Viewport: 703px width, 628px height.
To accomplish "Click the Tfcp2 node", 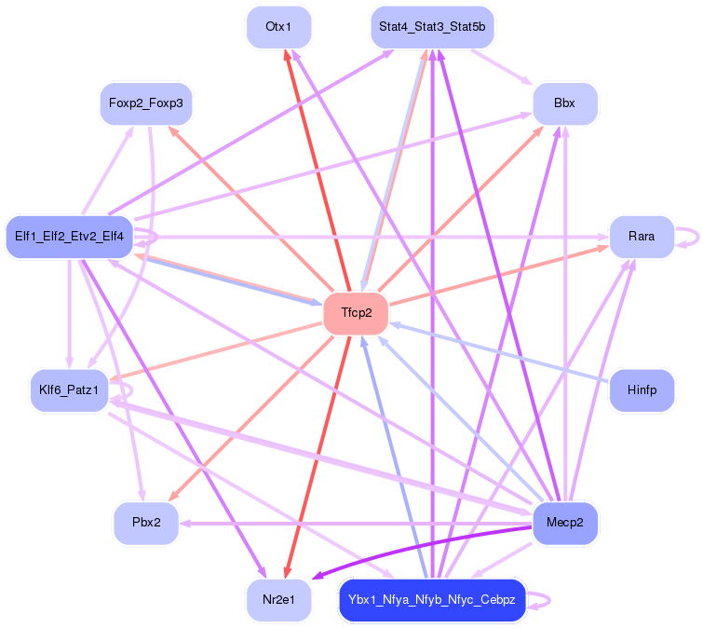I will coord(355,313).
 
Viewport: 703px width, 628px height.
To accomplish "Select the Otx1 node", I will coord(278,27).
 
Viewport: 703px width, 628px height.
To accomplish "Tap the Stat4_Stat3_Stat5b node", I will coord(432,27).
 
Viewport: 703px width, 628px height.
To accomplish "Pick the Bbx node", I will coord(564,103).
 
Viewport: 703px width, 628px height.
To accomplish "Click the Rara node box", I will coord(641,237).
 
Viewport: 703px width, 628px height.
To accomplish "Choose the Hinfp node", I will coord(641,390).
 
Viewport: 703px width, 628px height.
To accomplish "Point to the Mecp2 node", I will coord(564,523).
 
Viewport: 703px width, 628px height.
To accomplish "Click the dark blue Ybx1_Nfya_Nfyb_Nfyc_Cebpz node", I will coord(432,599).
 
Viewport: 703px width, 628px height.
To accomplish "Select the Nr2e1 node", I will coord(278,599).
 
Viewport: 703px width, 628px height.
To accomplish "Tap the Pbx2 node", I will coord(146,523).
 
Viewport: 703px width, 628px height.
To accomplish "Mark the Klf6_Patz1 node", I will coord(69,390).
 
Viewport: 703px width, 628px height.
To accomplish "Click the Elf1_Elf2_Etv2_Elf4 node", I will coord(69,237).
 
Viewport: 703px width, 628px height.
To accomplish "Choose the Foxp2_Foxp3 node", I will coord(146,103).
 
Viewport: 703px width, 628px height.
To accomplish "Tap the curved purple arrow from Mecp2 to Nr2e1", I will coord(419,543).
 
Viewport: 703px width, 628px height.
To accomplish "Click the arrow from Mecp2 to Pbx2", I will coord(354,523).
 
